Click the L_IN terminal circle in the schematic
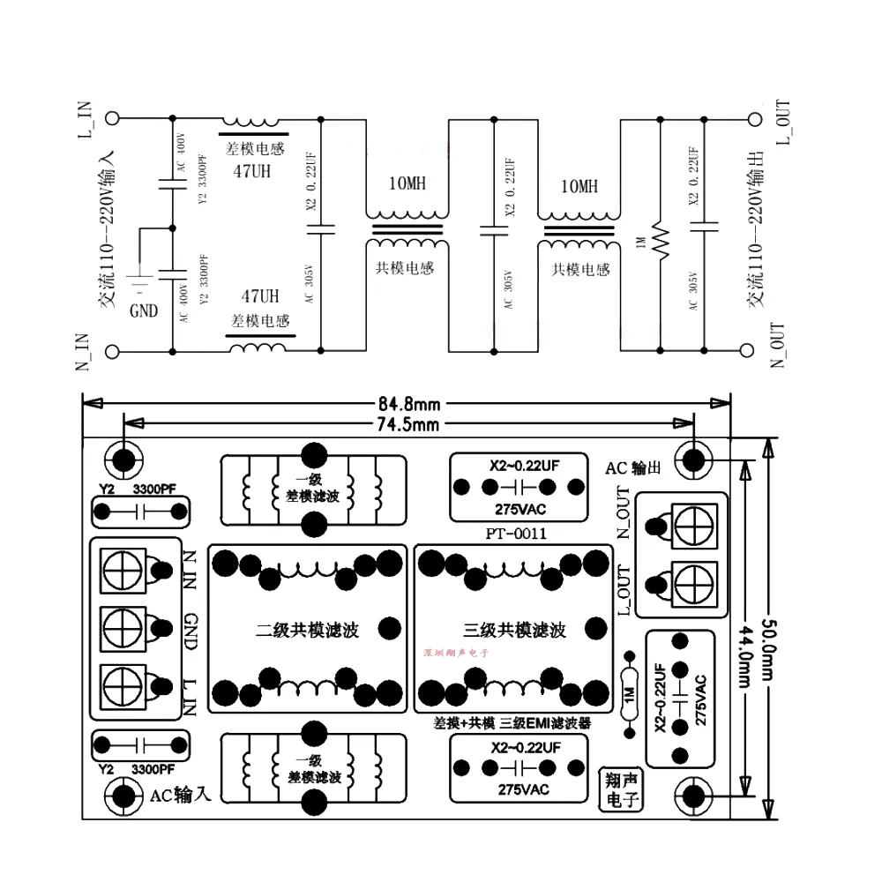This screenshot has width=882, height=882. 112,119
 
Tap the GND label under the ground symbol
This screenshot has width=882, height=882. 144,310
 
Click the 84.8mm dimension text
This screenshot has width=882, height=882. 409,405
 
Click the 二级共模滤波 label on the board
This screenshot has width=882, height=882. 308,631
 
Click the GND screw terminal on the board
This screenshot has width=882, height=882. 123,627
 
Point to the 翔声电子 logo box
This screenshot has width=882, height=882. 620,789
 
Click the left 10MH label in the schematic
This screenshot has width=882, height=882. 407,184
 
